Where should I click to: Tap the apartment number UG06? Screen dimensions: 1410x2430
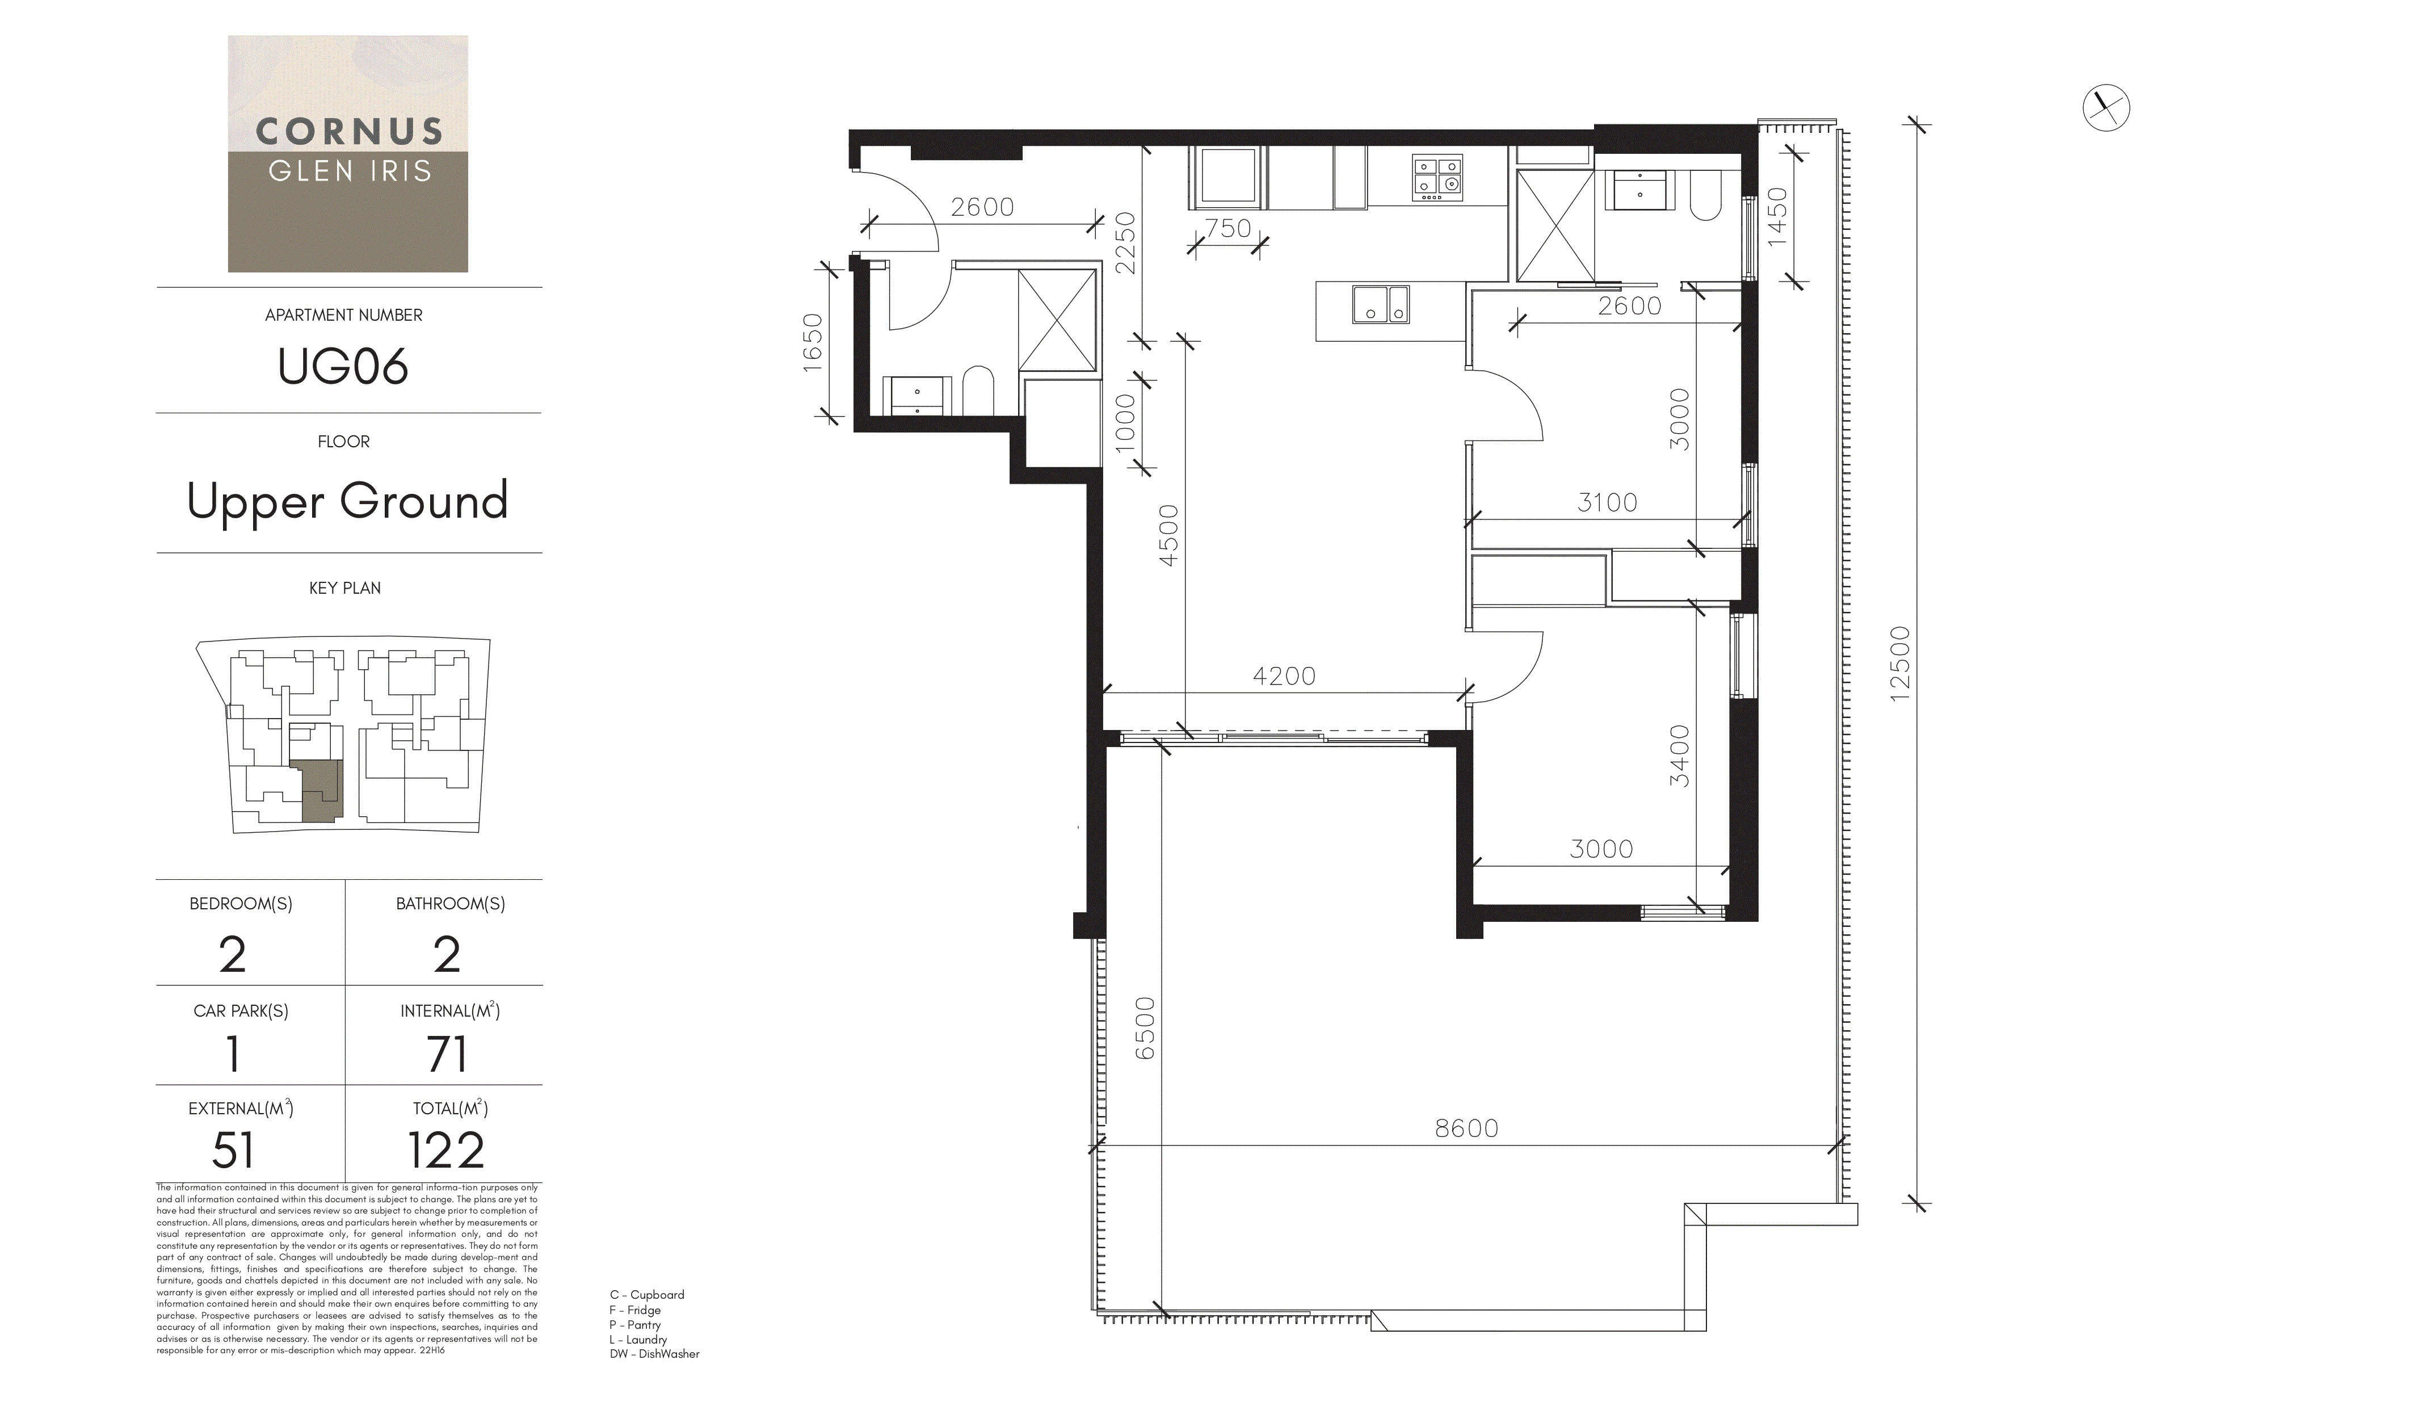click(x=343, y=367)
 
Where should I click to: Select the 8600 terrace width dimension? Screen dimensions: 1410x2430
click(x=1466, y=1128)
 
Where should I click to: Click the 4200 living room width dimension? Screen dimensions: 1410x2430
click(x=1284, y=676)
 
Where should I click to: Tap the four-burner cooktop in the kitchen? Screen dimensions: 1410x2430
click(x=1437, y=178)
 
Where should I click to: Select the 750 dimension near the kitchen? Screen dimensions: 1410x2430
click(x=1227, y=229)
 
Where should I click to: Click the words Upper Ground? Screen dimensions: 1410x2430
click(x=347, y=502)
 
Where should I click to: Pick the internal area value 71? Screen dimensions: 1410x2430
click(x=447, y=1054)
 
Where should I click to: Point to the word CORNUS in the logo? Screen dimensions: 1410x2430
click(x=349, y=131)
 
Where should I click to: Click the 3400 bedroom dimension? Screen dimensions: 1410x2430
click(x=1680, y=756)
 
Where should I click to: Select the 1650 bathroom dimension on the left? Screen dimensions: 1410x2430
click(x=813, y=338)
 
